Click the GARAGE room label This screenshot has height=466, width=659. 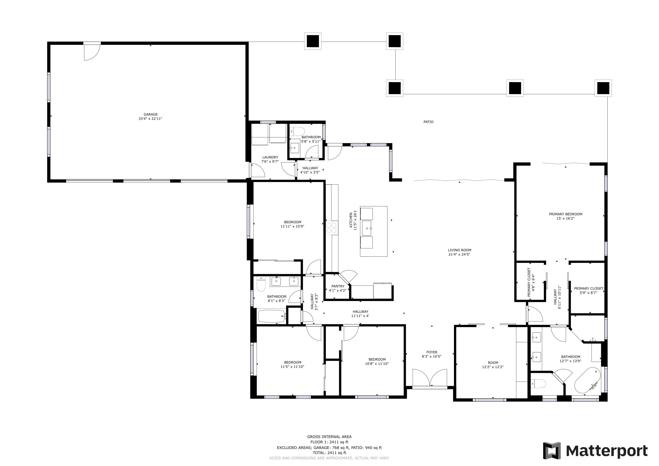tap(150, 114)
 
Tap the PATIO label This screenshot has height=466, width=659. tap(428, 122)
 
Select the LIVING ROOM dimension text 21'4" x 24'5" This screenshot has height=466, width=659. tap(459, 254)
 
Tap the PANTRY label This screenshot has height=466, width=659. tap(338, 286)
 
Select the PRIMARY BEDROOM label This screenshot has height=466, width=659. tap(565, 214)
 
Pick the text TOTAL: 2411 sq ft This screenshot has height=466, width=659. tap(329, 453)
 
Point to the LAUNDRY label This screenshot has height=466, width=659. tap(270, 157)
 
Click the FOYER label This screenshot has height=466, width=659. tap(432, 352)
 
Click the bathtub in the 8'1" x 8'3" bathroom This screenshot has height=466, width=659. tap(271, 316)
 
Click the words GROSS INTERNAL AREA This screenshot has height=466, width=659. tap(329, 437)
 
